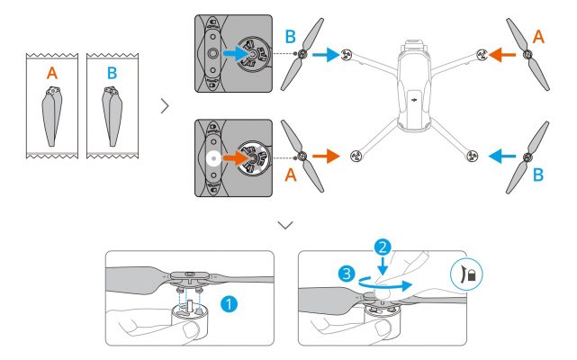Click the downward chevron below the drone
click(x=287, y=223)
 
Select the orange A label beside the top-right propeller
click(x=537, y=35)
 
